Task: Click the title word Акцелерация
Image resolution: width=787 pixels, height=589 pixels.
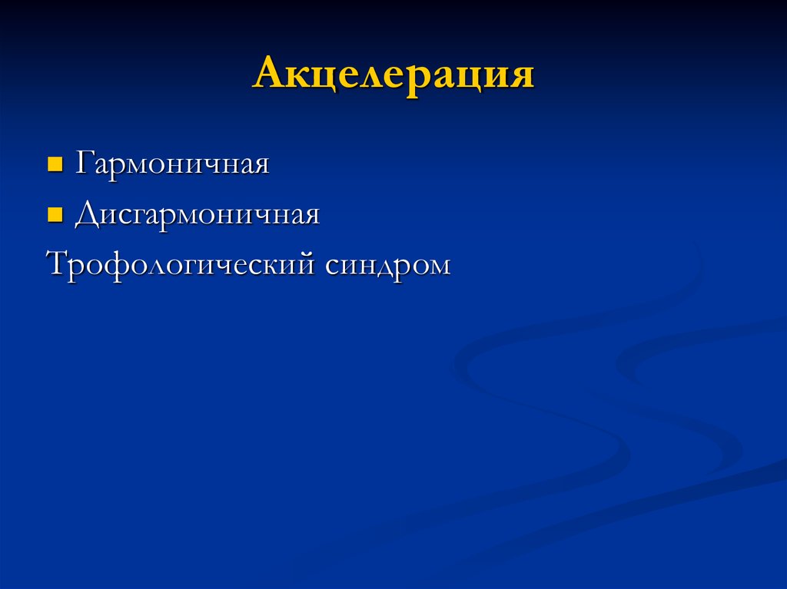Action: pos(393,76)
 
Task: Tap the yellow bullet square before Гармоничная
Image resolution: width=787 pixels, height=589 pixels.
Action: pos(55,164)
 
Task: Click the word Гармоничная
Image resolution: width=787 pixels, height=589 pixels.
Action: pos(171,164)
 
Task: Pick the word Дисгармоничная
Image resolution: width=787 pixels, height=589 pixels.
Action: pos(197,216)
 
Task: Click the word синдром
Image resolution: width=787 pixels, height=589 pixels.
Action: pos(387,265)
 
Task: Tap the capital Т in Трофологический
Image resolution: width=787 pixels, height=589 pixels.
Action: pos(58,264)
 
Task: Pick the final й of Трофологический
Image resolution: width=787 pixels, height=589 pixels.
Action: pos(306,264)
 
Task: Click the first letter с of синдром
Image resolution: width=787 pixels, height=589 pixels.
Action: pos(332,266)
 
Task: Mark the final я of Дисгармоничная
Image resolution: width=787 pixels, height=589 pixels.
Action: pos(310,217)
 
